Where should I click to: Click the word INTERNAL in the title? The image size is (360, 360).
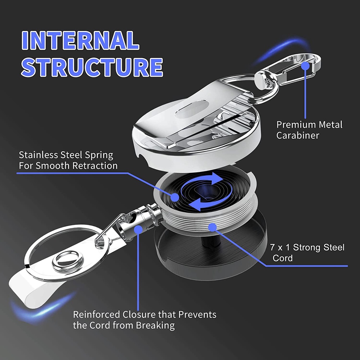(81, 40)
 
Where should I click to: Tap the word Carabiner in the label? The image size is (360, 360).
(297, 135)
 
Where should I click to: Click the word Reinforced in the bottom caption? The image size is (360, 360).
(96, 315)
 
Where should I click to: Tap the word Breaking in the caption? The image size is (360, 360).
(155, 326)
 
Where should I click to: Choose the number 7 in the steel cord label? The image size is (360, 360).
(272, 247)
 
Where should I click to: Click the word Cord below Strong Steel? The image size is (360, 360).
(283, 258)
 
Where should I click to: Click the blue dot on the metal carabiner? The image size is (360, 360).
(306, 66)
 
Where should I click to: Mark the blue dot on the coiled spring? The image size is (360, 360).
(175, 197)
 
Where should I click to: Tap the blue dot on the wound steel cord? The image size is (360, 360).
(212, 227)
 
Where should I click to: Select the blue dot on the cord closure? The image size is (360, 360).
(138, 229)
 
